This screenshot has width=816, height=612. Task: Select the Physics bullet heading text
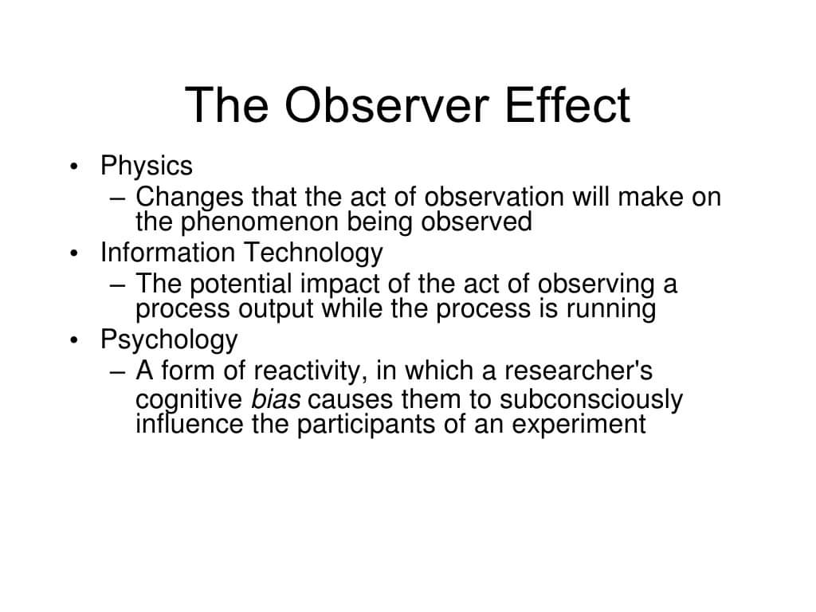click(146, 167)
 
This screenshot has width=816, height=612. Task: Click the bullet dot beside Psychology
click(74, 341)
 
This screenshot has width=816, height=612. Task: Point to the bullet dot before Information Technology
click(74, 254)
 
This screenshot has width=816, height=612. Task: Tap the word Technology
click(313, 253)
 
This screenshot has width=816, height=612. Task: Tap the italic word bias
click(276, 398)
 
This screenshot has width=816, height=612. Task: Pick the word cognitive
click(188, 399)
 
